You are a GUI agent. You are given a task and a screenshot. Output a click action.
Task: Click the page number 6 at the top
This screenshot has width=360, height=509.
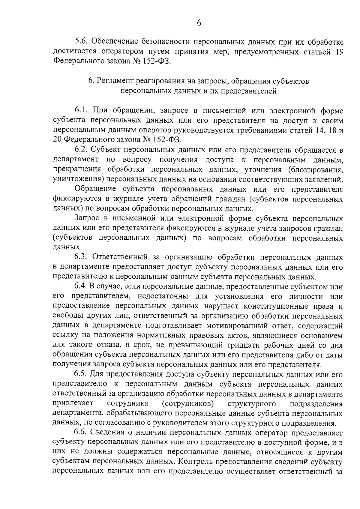(x=199, y=23)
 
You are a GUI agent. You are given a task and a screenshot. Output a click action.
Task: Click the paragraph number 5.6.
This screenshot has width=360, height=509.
(x=81, y=42)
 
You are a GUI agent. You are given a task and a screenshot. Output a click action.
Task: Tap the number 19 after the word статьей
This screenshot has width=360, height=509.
(x=338, y=52)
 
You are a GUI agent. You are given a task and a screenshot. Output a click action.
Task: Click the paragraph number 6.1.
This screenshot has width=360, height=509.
(x=81, y=111)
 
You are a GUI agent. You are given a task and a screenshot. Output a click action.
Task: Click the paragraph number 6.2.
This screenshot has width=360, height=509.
(x=81, y=150)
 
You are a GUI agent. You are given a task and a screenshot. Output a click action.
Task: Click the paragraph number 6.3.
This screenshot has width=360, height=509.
(x=81, y=257)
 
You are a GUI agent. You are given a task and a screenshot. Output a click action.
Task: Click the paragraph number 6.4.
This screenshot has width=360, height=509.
(x=81, y=287)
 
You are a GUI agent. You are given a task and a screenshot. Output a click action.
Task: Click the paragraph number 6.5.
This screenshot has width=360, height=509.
(x=81, y=375)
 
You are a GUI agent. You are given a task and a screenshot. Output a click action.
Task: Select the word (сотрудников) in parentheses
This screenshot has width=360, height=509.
(x=188, y=403)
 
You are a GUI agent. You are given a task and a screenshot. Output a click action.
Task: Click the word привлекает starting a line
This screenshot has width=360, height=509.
(x=73, y=403)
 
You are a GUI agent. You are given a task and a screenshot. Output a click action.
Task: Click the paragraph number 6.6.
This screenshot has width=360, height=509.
(x=81, y=433)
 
